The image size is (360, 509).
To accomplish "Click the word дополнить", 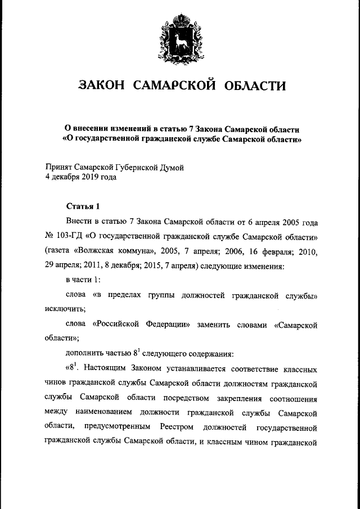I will (x=84, y=354).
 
